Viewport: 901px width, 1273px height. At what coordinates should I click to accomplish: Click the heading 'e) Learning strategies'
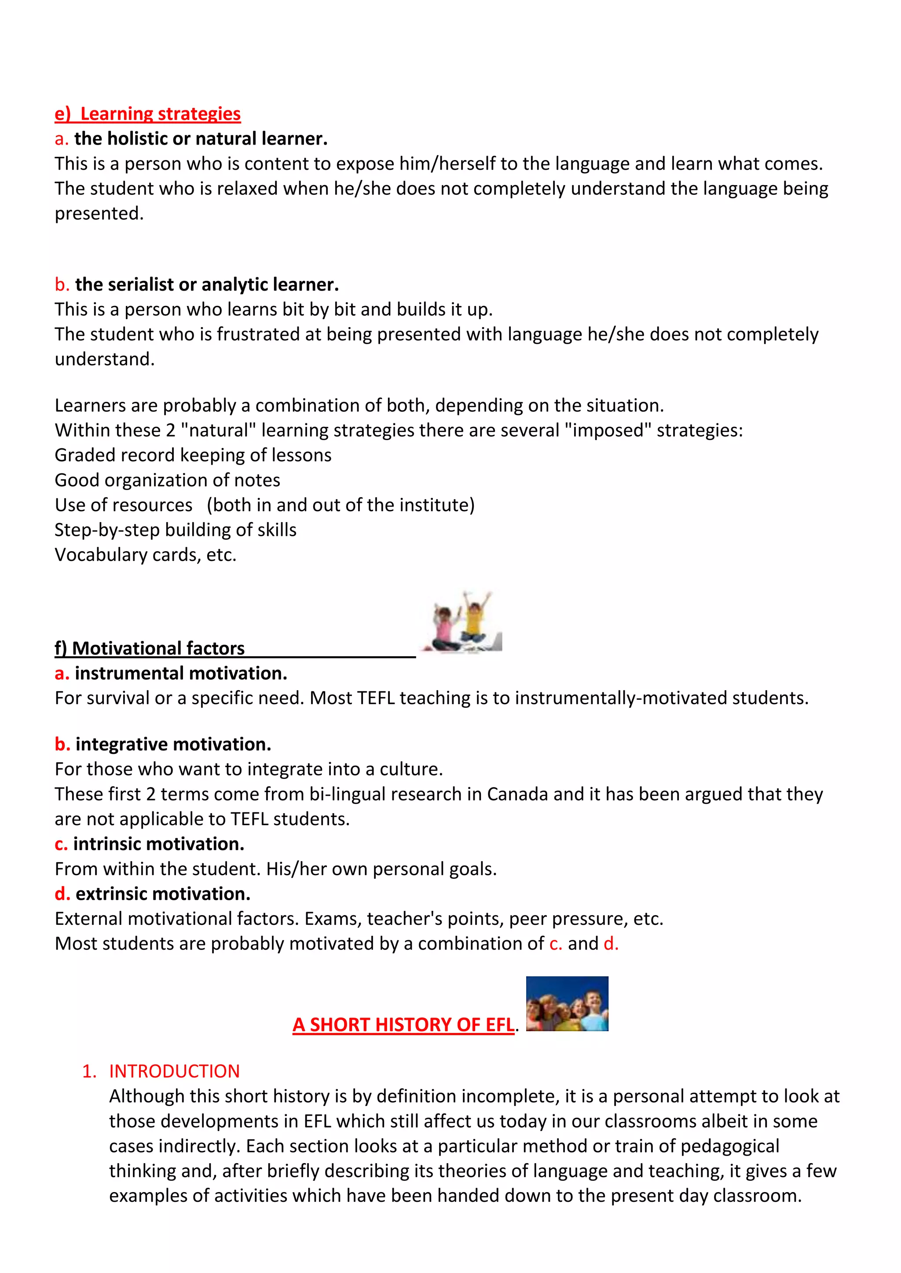(x=147, y=114)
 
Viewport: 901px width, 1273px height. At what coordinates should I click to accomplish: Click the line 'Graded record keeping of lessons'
(x=193, y=455)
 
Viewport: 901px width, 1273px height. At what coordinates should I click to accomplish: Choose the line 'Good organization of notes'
(x=167, y=480)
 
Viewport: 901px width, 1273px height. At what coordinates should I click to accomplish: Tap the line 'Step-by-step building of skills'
(x=176, y=530)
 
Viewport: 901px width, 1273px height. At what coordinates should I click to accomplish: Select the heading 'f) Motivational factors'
(x=150, y=648)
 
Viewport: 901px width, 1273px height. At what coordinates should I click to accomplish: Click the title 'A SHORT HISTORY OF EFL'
(x=403, y=1025)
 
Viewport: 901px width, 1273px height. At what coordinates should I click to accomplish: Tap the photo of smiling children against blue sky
(x=567, y=1004)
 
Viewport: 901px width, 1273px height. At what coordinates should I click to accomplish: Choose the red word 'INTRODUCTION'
(x=174, y=1071)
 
